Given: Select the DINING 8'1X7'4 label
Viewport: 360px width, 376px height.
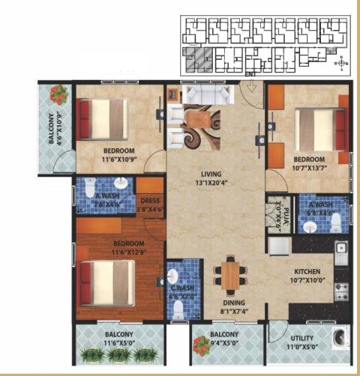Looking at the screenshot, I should coord(229,307).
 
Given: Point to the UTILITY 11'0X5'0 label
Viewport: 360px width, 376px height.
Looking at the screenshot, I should coord(302,342).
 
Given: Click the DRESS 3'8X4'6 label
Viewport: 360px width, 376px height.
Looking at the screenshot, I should coord(150,205).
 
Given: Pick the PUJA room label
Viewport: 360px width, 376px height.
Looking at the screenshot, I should coord(276,207).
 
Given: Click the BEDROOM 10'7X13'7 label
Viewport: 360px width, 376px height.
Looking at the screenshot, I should coord(309,163).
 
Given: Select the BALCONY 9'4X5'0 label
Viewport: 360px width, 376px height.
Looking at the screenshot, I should coord(224,338).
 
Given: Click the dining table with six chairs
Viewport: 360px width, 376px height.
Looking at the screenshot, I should coord(229,275).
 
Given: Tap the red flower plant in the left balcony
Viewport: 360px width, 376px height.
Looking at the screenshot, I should coord(59,95).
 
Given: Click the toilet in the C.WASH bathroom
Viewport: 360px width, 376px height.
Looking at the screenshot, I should coord(178,309).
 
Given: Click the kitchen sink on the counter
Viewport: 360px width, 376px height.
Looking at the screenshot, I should coord(340,249).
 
